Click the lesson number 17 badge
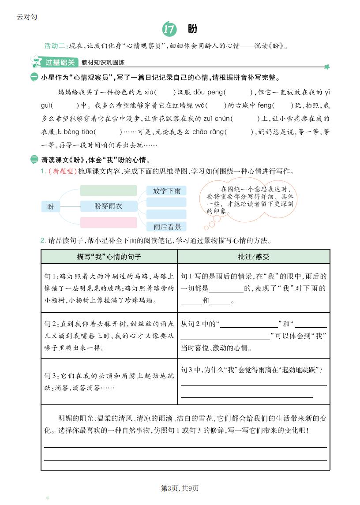(169, 29)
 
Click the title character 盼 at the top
(192, 29)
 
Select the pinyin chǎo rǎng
(208, 132)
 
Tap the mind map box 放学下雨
(167, 191)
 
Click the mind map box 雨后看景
(167, 227)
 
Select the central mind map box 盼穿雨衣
(109, 206)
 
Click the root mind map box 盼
(51, 206)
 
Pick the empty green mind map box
(109, 190)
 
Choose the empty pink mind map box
(109, 222)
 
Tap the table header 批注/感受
(253, 256)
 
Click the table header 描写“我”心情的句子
(109, 256)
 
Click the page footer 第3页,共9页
(180, 488)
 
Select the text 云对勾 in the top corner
(27, 17)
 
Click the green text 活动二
(55, 46)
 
